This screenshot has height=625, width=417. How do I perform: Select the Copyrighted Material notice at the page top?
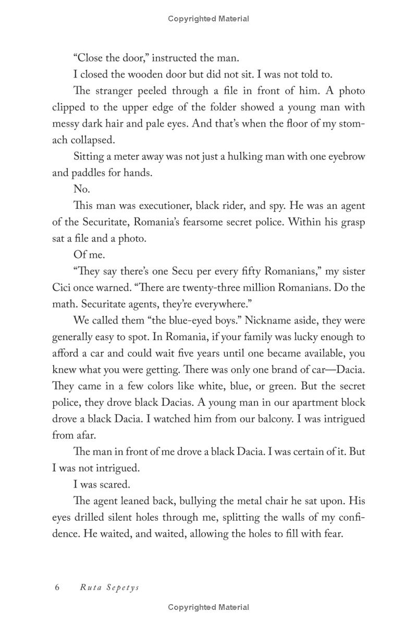pyautogui.click(x=208, y=19)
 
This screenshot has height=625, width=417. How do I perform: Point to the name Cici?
pyautogui.click(x=63, y=288)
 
